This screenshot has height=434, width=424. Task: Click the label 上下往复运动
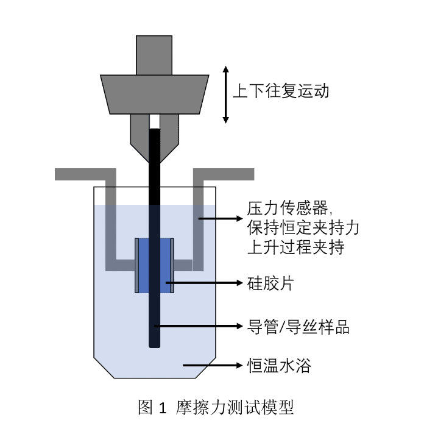281,92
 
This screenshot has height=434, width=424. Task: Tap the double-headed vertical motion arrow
226,94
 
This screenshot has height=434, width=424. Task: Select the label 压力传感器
288,209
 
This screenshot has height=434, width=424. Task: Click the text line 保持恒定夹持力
303,228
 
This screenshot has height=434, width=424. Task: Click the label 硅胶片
270,283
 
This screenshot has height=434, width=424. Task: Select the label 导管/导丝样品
299,326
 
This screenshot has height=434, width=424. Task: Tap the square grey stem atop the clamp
154,55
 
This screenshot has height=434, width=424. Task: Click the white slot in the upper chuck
155,121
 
